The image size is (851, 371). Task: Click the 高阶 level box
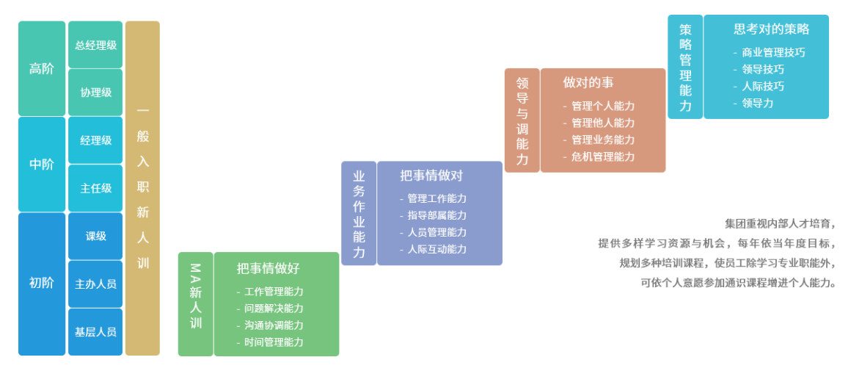42,68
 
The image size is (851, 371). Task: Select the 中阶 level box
42,165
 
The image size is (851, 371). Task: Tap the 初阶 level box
42,284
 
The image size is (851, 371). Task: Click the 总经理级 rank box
95,45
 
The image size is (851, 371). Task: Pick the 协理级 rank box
95,93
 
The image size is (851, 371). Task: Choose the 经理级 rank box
95,140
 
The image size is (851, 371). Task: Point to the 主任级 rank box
95,188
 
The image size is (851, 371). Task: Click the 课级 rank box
95,236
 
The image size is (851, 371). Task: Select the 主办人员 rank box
95,284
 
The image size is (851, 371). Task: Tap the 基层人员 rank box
95,331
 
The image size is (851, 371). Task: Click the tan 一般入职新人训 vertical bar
142,188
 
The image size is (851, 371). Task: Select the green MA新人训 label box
195,304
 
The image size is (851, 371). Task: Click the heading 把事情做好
268,269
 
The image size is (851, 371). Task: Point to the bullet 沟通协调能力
274,325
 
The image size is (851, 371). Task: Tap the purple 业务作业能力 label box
359,214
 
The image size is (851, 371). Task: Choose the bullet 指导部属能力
437,215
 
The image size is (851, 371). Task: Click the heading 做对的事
588,82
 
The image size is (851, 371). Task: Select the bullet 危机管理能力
603,156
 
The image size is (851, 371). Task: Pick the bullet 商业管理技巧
773,52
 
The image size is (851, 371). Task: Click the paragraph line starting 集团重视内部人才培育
779,223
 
